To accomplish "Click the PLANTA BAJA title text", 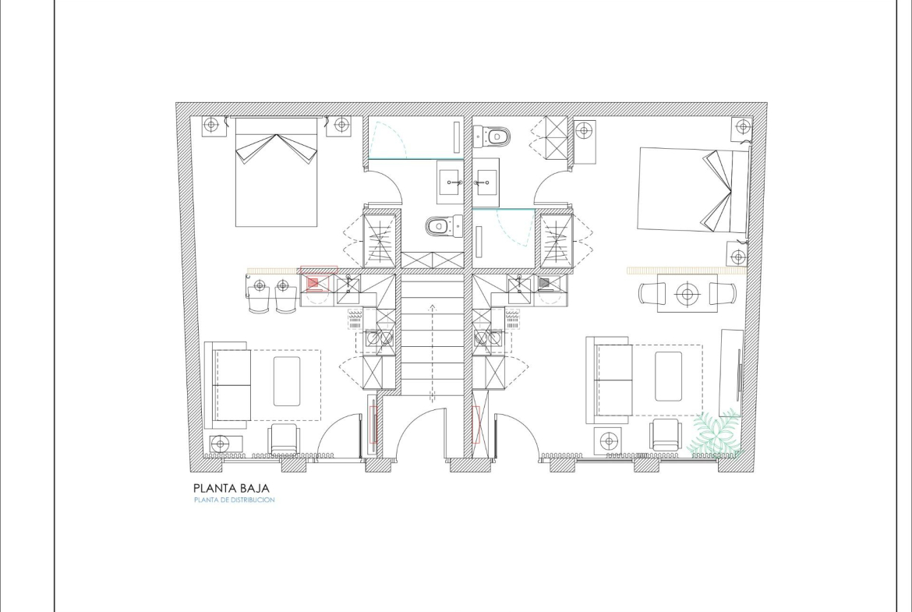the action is pyautogui.click(x=232, y=488).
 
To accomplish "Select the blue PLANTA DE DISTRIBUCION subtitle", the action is pyautogui.click(x=235, y=500).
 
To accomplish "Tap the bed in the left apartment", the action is pyautogui.click(x=276, y=172).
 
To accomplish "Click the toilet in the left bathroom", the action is pyautogui.click(x=444, y=226).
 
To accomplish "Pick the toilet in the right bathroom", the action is pyautogui.click(x=492, y=137).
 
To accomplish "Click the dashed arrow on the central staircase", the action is pyautogui.click(x=432, y=352).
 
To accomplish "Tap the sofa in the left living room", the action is pyautogui.click(x=228, y=385).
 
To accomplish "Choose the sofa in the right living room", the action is pyautogui.click(x=609, y=380).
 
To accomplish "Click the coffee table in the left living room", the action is pyautogui.click(x=287, y=381).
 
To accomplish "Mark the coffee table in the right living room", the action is pyautogui.click(x=668, y=377).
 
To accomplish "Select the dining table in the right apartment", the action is pyautogui.click(x=688, y=293).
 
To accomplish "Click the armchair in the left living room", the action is pyautogui.click(x=285, y=440).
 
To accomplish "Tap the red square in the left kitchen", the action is pyautogui.click(x=313, y=283).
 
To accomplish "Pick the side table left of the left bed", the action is pyautogui.click(x=214, y=126).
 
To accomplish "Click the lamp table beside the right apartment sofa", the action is pyautogui.click(x=608, y=440).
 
